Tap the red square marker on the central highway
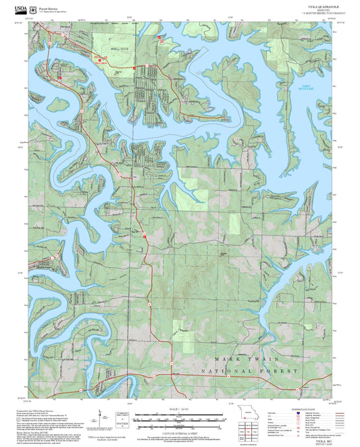point(144,236)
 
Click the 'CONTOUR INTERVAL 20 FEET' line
point(180,429)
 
